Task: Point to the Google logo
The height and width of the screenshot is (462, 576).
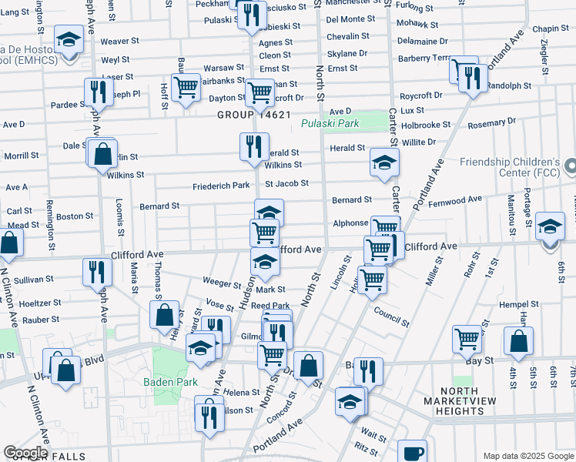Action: coord(26,453)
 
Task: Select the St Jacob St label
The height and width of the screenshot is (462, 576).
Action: coord(286,183)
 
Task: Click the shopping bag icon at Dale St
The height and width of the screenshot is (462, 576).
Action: coord(102,152)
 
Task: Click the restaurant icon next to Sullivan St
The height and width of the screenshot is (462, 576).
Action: coord(97,271)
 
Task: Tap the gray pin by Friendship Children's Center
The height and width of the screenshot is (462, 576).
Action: coord(569,166)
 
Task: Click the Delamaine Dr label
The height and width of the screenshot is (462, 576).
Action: coord(420,41)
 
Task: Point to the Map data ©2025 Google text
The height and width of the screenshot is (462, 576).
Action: coord(527,456)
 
